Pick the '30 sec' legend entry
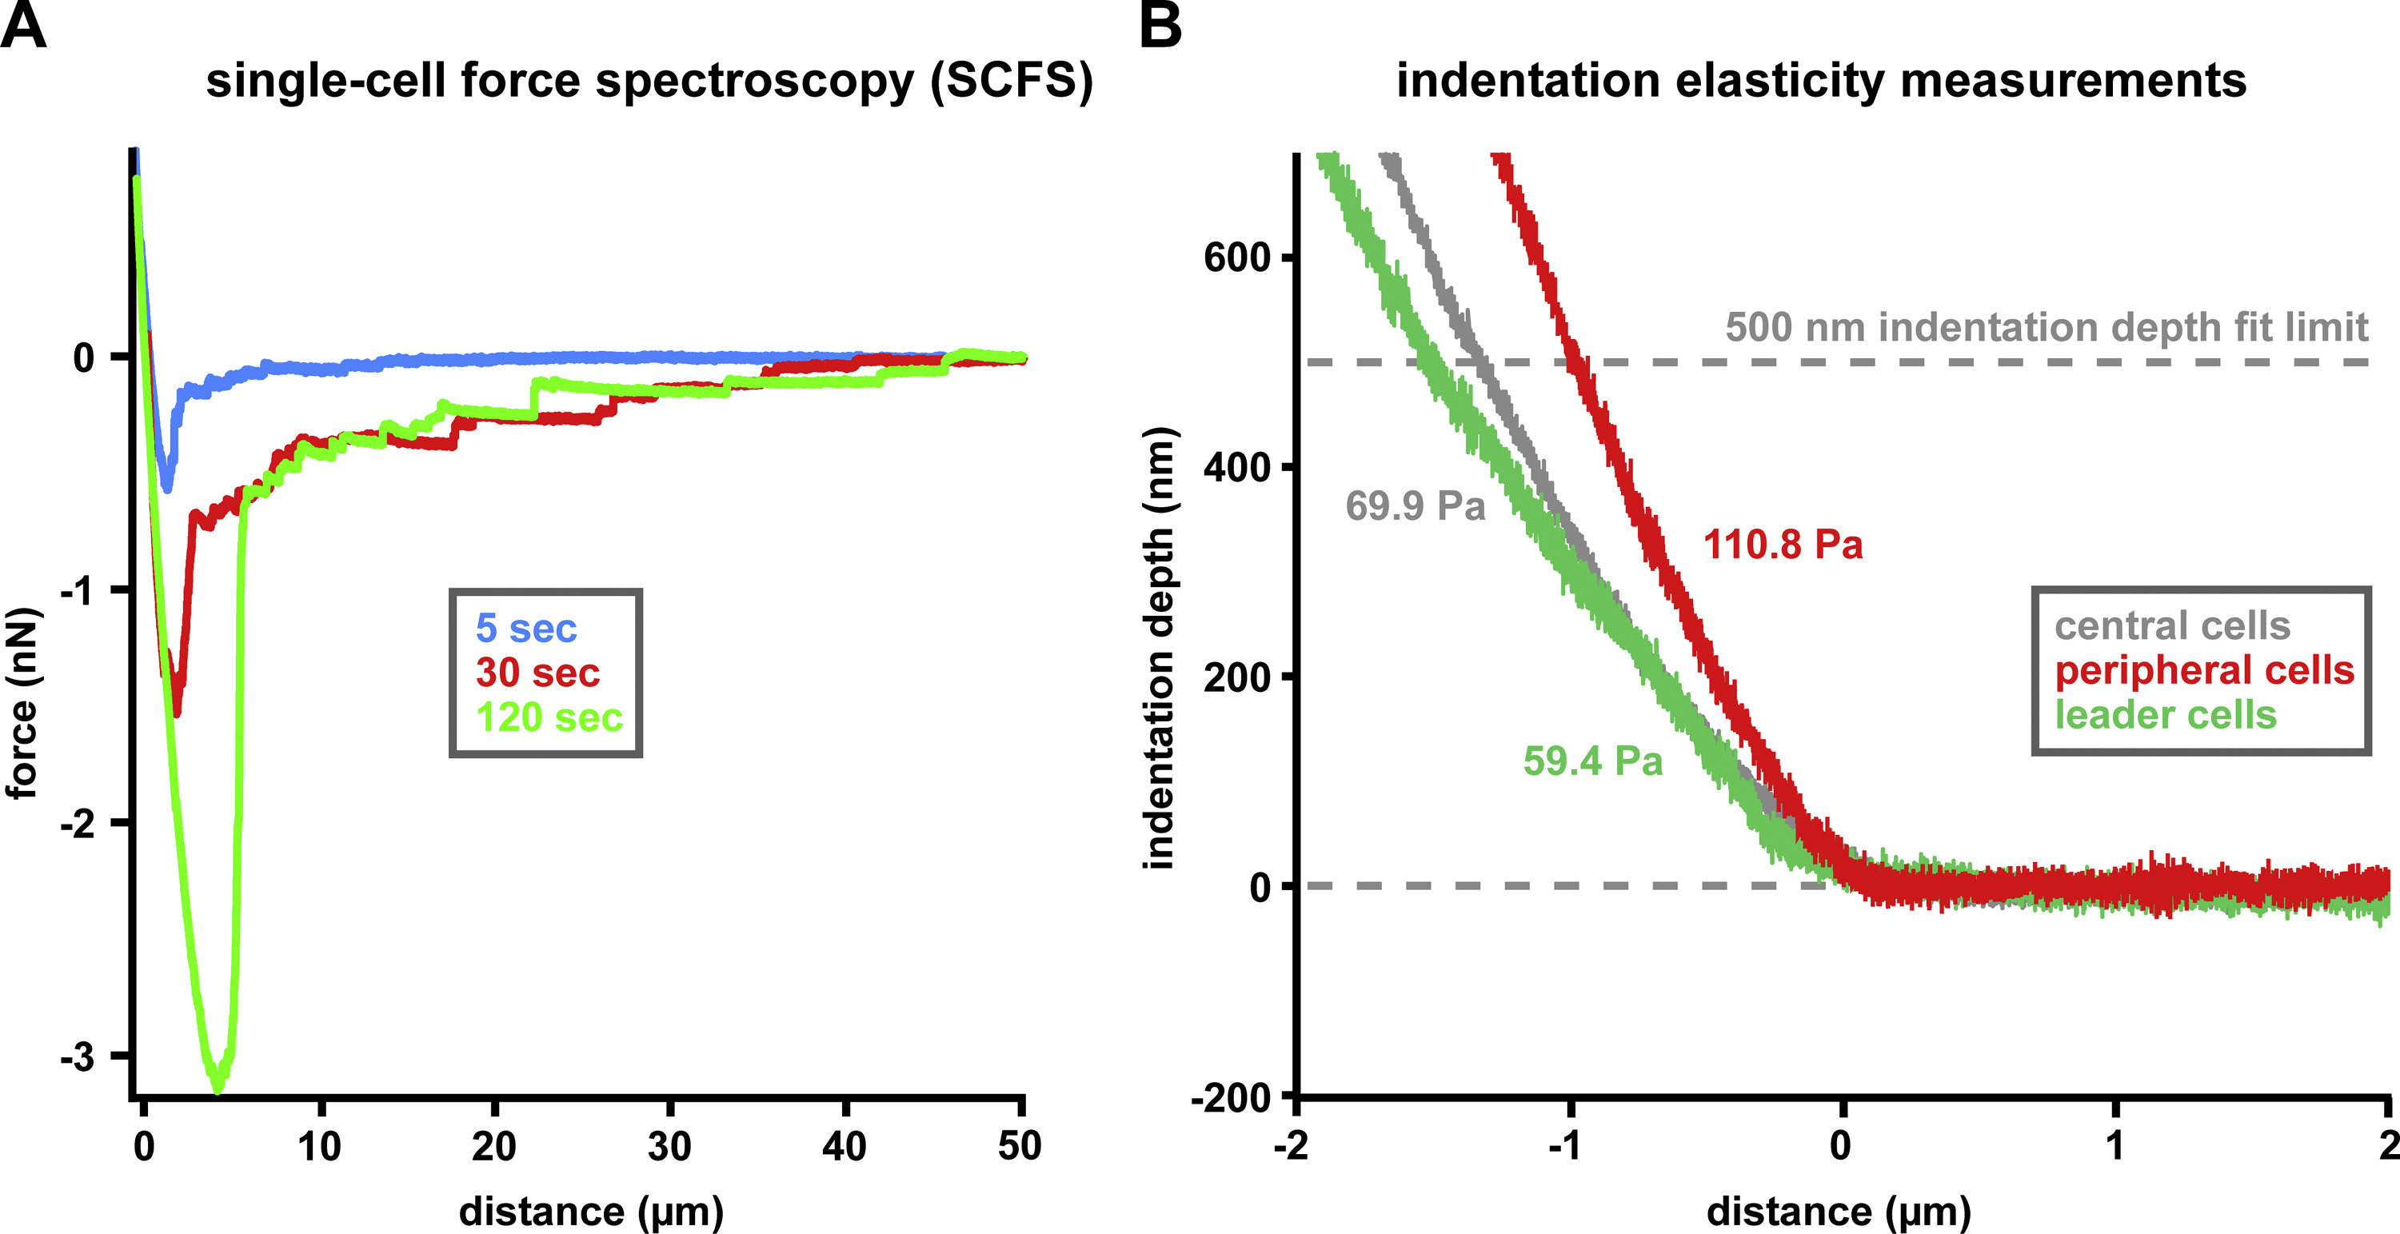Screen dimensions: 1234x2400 [537, 673]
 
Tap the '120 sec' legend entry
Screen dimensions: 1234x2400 [549, 717]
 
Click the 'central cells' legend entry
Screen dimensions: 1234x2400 [2173, 626]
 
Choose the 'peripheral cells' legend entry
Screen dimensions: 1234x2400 [2204, 671]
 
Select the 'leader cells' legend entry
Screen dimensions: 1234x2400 [2165, 716]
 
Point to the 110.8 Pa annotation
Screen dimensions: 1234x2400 [1783, 545]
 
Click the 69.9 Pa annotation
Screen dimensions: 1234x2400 [1414, 506]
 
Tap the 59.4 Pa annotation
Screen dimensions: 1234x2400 [1592, 761]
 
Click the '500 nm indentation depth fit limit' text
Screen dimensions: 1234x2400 [2046, 327]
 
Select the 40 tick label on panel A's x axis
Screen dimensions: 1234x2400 [844, 1145]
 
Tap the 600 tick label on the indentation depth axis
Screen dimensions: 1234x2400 [1237, 258]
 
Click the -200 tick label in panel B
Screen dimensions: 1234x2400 [1231, 1098]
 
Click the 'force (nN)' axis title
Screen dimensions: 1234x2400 [22, 704]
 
